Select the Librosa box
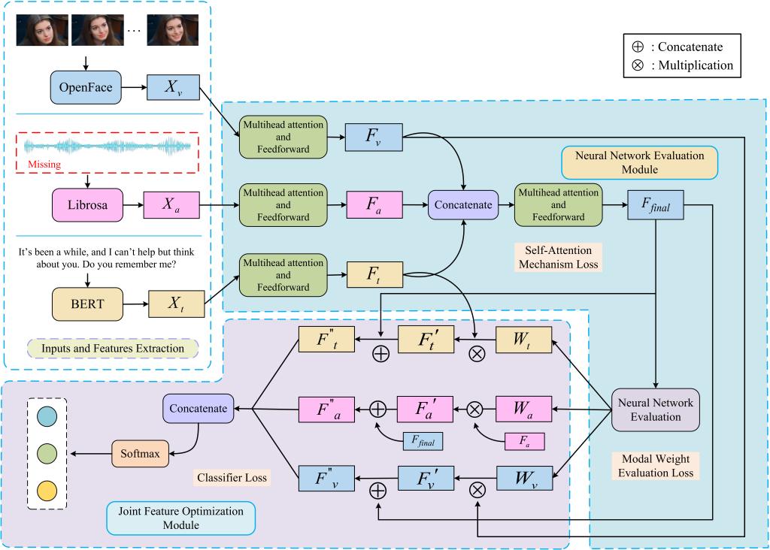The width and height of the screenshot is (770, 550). point(87,204)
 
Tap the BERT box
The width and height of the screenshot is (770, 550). point(87,305)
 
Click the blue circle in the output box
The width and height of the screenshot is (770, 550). point(47,416)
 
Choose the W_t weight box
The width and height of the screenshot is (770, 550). point(523,340)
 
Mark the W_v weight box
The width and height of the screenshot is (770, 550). point(523,479)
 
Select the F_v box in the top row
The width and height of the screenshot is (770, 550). point(374,138)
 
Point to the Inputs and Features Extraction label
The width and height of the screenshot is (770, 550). point(112,348)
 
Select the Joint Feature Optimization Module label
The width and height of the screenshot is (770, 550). point(180,517)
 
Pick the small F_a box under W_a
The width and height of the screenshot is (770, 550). point(523,440)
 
